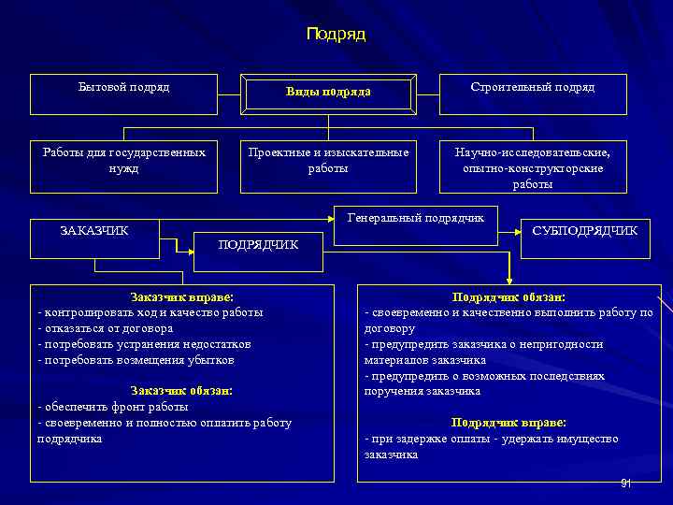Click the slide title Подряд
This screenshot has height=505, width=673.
[336, 35]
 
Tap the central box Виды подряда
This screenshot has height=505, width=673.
[328, 93]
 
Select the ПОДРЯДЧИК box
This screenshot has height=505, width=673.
[258, 246]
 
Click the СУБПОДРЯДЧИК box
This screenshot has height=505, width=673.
[585, 230]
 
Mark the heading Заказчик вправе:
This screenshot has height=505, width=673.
[182, 296]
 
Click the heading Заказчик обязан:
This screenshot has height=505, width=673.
[182, 390]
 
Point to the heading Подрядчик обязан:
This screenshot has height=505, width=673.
[508, 296]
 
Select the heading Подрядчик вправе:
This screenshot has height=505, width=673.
[508, 422]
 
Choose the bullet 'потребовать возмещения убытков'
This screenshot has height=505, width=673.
[136, 360]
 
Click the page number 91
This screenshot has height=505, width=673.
[625, 483]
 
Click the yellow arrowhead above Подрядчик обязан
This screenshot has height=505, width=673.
[508, 281]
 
